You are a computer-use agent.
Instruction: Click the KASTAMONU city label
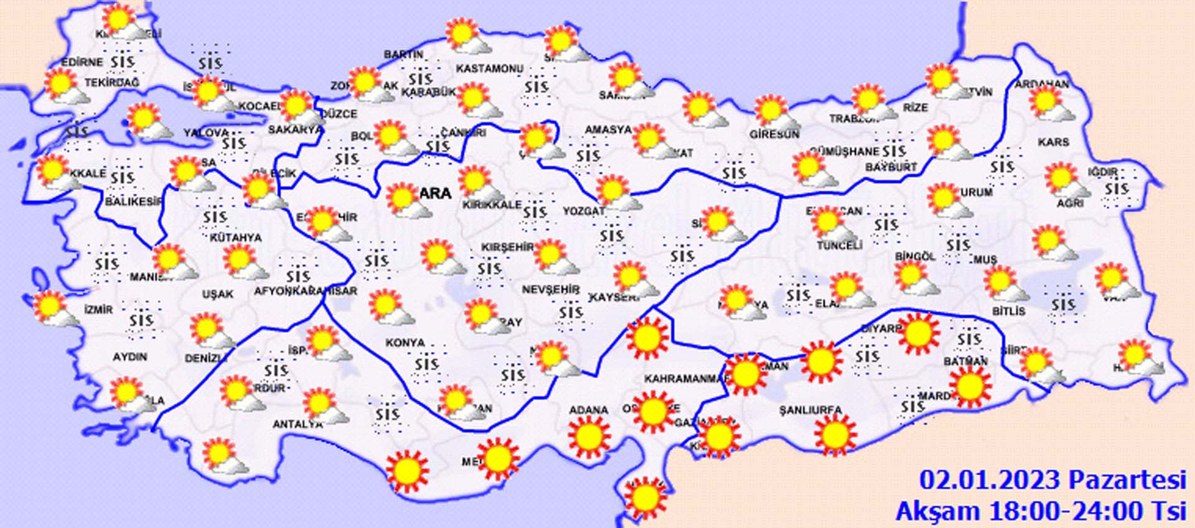tap(490, 68)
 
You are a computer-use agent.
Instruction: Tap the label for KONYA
tap(405, 343)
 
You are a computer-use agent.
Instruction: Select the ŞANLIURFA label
tap(810, 410)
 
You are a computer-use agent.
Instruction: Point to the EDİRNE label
tap(82, 62)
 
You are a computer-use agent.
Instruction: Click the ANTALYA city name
tap(298, 424)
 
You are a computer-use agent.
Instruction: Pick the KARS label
tap(1053, 142)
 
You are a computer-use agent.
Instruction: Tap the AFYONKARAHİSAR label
tap(306, 291)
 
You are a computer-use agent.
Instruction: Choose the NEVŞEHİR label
tap(550, 290)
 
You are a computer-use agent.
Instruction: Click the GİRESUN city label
tap(774, 134)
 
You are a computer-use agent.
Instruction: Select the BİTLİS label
tap(1008, 311)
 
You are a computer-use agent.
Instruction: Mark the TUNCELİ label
tap(840, 246)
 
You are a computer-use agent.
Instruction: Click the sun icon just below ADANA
tap(589, 437)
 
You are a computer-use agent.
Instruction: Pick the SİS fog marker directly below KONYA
tap(426, 364)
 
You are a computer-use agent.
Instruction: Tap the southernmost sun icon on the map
tap(645, 498)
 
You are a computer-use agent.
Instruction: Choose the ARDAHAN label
tap(1041, 84)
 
